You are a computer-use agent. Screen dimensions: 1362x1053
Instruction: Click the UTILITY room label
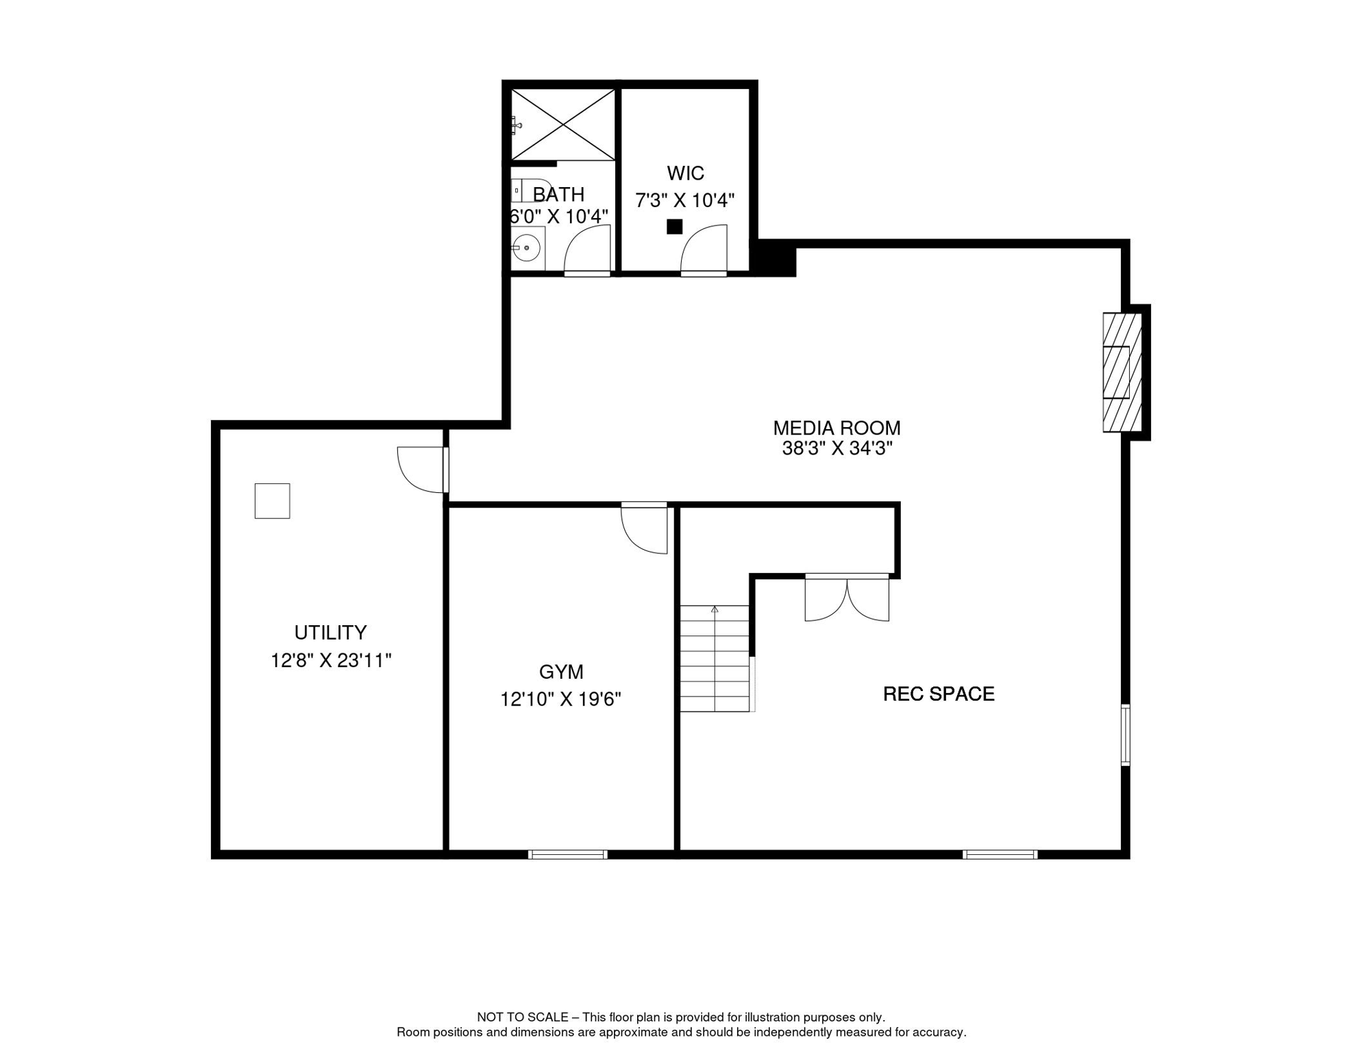pyautogui.click(x=330, y=632)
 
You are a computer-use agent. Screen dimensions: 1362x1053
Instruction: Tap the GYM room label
pyautogui.click(x=561, y=672)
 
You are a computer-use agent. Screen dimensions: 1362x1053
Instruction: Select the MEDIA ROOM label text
pyautogui.click(x=837, y=428)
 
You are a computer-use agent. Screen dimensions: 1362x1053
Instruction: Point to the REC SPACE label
pyautogui.click(x=939, y=694)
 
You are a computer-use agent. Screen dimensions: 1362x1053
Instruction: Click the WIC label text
pyautogui.click(x=685, y=173)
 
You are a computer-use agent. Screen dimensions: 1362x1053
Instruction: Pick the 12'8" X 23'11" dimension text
pyautogui.click(x=331, y=660)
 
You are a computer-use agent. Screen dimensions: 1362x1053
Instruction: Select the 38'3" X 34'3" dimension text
pyautogui.click(x=837, y=448)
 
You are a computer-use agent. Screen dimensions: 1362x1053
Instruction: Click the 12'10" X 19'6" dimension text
pyautogui.click(x=560, y=699)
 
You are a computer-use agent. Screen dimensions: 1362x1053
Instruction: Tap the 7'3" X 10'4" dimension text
pyautogui.click(x=685, y=200)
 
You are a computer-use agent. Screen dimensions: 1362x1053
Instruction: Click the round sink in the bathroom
pyautogui.click(x=526, y=247)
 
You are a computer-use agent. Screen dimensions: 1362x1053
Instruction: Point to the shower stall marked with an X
pyautogui.click(x=563, y=125)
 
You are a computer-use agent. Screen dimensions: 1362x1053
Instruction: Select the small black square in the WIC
pyautogui.click(x=675, y=226)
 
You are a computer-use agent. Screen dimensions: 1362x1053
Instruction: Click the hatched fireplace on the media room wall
pyautogui.click(x=1122, y=372)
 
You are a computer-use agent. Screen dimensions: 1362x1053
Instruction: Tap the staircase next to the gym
pyautogui.click(x=715, y=658)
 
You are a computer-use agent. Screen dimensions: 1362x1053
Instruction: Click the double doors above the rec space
pyautogui.click(x=847, y=598)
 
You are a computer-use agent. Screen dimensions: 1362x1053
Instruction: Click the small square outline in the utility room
pyautogui.click(x=272, y=500)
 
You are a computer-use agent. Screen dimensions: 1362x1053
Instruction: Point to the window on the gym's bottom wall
pyautogui.click(x=568, y=854)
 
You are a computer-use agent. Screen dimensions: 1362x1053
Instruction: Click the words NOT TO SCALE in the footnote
pyautogui.click(x=523, y=1017)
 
